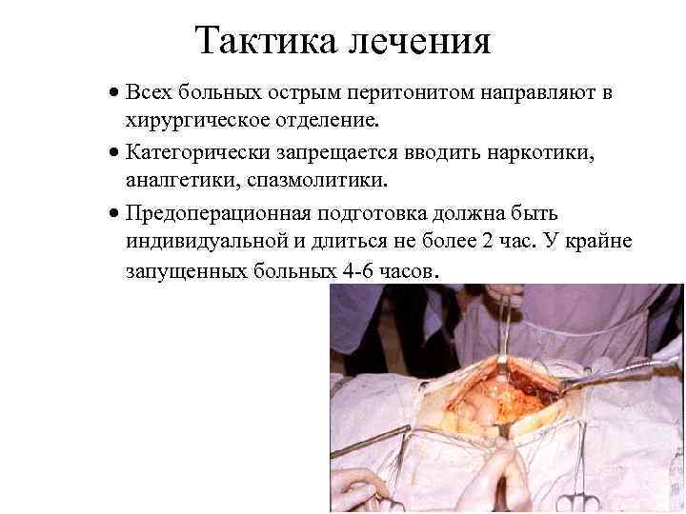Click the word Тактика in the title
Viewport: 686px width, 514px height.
click(x=255, y=40)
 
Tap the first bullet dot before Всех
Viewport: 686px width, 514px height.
click(x=112, y=94)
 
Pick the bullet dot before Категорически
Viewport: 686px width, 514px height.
click(x=112, y=152)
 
